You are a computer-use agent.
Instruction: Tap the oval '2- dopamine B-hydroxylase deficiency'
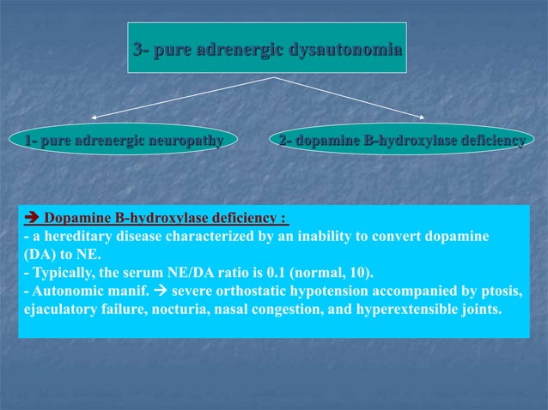(x=402, y=139)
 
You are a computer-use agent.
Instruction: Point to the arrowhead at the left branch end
(x=94, y=116)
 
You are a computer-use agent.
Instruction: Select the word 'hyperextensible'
(x=385, y=311)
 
